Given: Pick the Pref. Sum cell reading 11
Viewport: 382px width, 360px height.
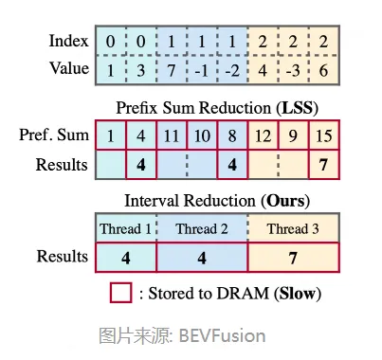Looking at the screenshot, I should [x=173, y=135].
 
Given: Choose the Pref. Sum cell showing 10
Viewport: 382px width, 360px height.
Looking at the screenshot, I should [x=204, y=135].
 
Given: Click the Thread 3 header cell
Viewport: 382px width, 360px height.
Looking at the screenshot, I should [x=294, y=228].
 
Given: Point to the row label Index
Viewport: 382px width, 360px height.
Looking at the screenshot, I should [x=69, y=42].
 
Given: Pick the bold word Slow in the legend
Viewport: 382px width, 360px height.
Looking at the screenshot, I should [x=297, y=294].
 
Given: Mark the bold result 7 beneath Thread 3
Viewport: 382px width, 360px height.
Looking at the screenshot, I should [x=294, y=256].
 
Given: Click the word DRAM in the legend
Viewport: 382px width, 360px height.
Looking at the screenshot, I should [x=236, y=294].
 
